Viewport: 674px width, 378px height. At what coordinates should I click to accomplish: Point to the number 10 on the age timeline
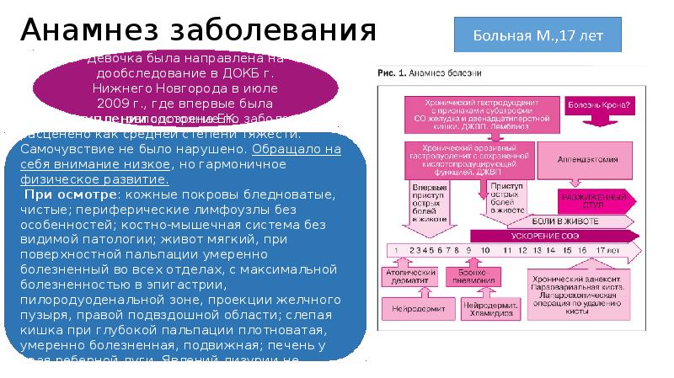[x=485, y=251]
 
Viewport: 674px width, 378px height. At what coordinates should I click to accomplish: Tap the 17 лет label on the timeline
[x=606, y=251]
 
